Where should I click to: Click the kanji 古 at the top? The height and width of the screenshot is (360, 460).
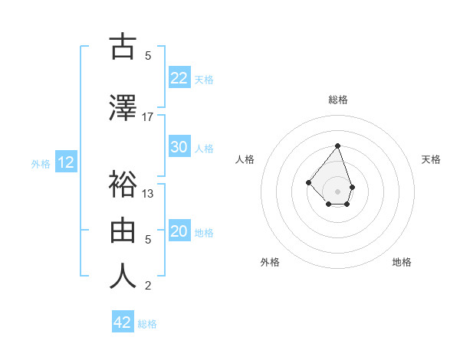[123, 47]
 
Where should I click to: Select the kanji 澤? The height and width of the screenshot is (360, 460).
[123, 108]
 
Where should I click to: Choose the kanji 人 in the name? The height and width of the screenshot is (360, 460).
[123, 276]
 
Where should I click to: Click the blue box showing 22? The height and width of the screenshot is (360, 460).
[179, 77]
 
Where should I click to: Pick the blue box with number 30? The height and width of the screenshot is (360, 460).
[179, 147]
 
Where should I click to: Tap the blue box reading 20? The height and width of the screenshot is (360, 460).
[179, 231]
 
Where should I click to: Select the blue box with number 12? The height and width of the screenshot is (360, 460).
[65, 162]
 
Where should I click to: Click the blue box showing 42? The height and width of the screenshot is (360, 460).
[123, 322]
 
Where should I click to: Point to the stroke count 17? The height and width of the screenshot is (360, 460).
[148, 116]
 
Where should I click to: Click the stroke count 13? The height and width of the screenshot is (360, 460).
[148, 193]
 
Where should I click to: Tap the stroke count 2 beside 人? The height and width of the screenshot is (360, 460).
[148, 286]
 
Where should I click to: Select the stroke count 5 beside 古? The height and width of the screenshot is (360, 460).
[148, 56]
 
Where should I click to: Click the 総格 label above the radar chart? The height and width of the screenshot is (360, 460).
[337, 100]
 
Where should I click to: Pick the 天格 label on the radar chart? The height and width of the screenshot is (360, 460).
[431, 159]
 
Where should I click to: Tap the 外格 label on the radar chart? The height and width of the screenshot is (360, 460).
[270, 262]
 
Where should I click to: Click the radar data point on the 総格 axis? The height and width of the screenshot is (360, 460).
[337, 146]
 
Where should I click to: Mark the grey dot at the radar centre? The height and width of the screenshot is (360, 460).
[337, 191]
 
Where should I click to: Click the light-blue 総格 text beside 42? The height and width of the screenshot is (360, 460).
[148, 324]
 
